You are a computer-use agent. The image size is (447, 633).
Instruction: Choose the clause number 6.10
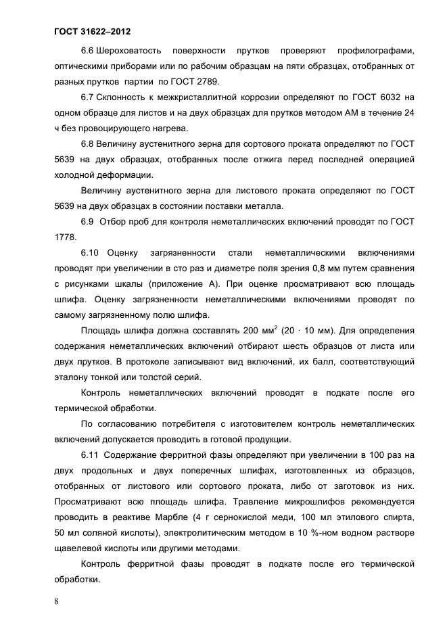pyautogui.click(x=90, y=252)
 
